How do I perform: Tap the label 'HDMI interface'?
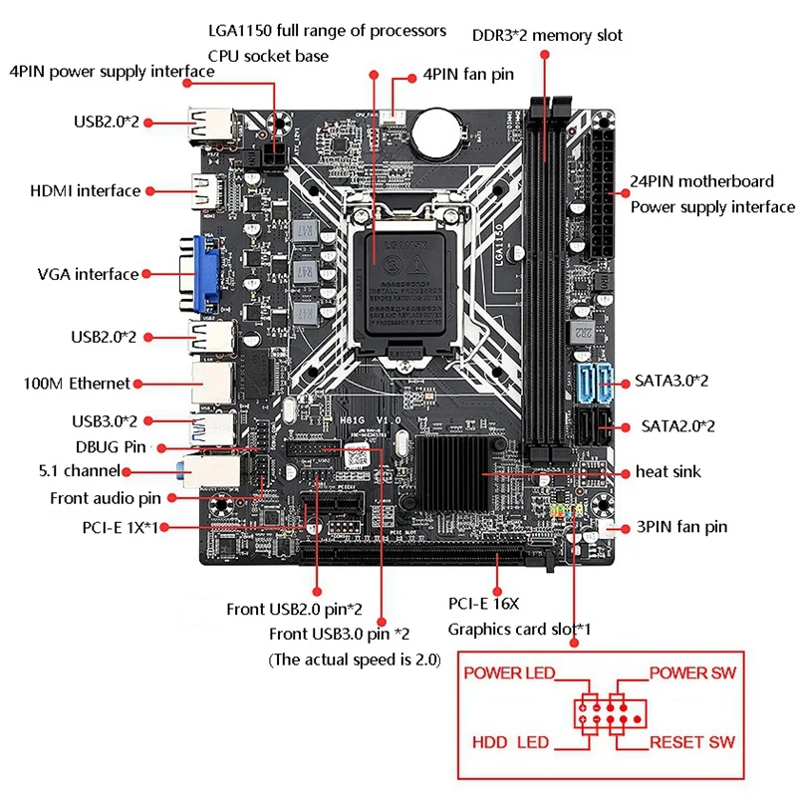[x=86, y=190]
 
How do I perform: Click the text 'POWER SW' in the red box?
[x=692, y=673]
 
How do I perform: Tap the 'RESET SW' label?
[x=692, y=743]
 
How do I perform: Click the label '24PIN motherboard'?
[x=701, y=181]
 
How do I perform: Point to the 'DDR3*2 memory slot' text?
[x=547, y=36]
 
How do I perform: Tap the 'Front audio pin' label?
[x=107, y=498]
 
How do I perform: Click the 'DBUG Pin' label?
[x=111, y=447]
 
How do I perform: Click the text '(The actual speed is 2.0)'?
[x=354, y=660]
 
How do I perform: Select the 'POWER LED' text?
[x=508, y=673]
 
